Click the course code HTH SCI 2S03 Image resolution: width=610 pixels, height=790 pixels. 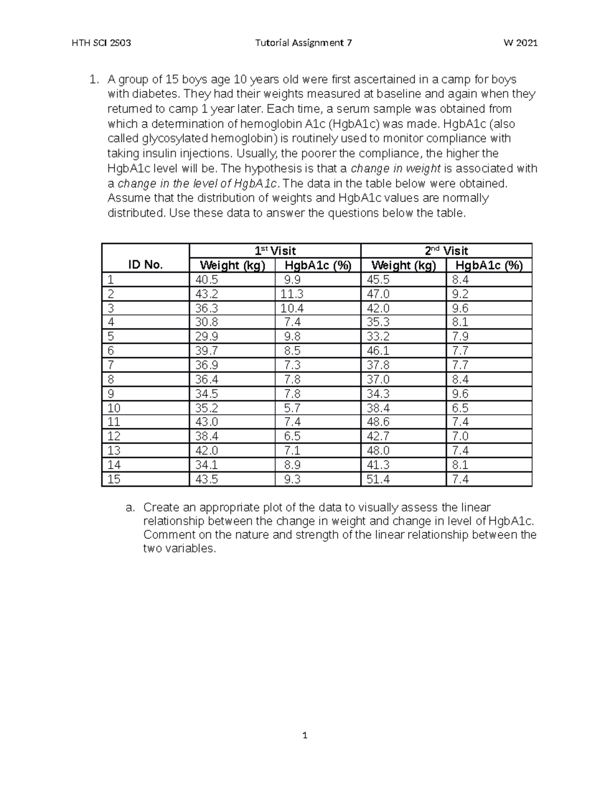(102, 43)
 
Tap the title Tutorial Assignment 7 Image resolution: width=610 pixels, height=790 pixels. (303, 43)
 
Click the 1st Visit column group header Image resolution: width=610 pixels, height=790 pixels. (275, 251)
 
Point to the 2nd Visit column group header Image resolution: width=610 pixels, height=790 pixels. (446, 251)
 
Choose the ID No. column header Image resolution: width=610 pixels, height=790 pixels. (145, 265)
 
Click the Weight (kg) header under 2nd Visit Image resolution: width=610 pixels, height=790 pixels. (404, 265)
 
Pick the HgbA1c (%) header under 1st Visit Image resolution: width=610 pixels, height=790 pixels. (318, 265)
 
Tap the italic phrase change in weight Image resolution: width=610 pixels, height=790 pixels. (396, 168)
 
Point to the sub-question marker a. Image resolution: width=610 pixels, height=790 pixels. (130, 508)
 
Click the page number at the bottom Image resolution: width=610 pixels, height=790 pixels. (305, 735)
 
